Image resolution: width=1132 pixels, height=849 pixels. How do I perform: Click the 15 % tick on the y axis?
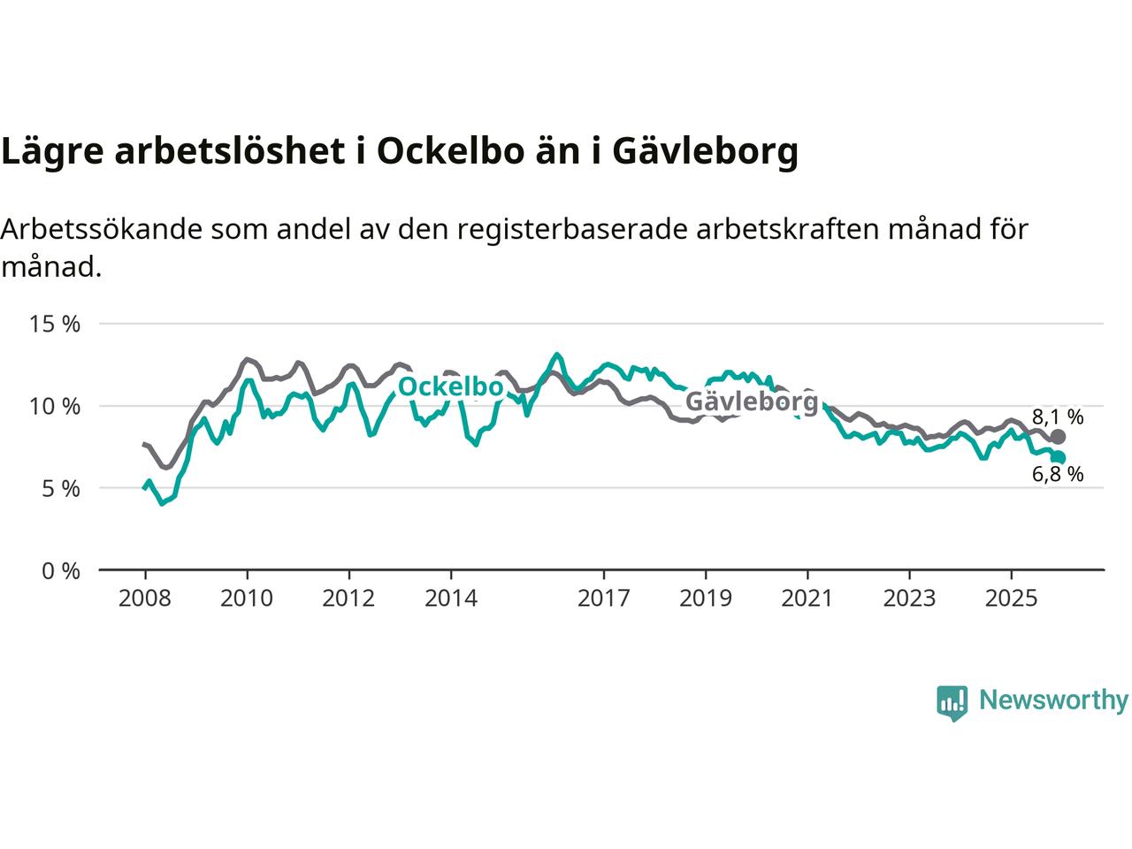click(x=55, y=324)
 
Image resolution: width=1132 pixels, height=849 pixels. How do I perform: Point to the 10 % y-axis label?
click(x=55, y=406)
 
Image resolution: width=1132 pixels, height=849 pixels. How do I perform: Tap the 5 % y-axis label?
click(x=61, y=488)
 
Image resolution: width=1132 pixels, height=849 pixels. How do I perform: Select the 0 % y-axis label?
click(x=61, y=570)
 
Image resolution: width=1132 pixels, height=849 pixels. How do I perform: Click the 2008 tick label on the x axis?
click(x=144, y=599)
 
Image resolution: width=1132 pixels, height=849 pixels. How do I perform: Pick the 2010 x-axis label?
click(x=247, y=599)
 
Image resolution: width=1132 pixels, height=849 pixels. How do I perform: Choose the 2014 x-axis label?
click(x=450, y=599)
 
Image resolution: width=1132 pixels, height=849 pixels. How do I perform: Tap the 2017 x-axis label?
click(x=603, y=599)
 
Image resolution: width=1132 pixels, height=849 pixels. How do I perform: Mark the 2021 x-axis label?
click(x=807, y=599)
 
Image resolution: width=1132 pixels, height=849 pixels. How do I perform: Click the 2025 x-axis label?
click(x=1011, y=599)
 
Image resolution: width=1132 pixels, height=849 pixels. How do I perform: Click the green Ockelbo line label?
click(x=450, y=386)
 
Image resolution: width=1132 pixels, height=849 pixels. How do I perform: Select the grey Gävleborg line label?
click(x=752, y=402)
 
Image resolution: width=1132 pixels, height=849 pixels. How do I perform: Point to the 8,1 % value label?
click(x=1058, y=417)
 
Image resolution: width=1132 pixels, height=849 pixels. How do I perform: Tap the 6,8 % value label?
click(x=1058, y=474)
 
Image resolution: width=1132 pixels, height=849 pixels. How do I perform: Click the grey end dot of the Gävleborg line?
click(x=1058, y=437)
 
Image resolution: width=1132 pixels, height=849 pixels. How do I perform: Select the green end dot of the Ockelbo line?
click(x=1058, y=457)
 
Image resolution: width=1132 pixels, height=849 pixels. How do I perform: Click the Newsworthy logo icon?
click(x=952, y=702)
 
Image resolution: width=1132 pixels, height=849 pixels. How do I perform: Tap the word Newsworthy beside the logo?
click(x=1053, y=700)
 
